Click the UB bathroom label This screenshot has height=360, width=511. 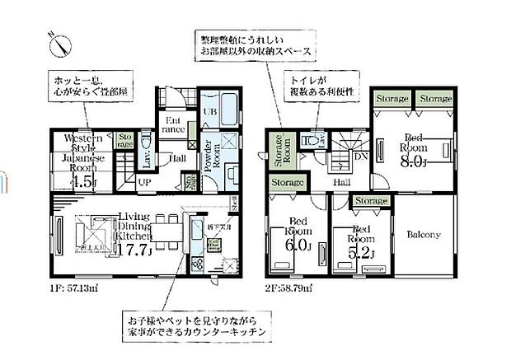(x=210, y=113)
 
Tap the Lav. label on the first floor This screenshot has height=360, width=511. (x=145, y=157)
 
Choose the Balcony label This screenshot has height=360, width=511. (x=424, y=235)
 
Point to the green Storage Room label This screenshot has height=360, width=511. (x=279, y=152)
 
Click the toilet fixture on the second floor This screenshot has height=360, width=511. (x=312, y=141)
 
